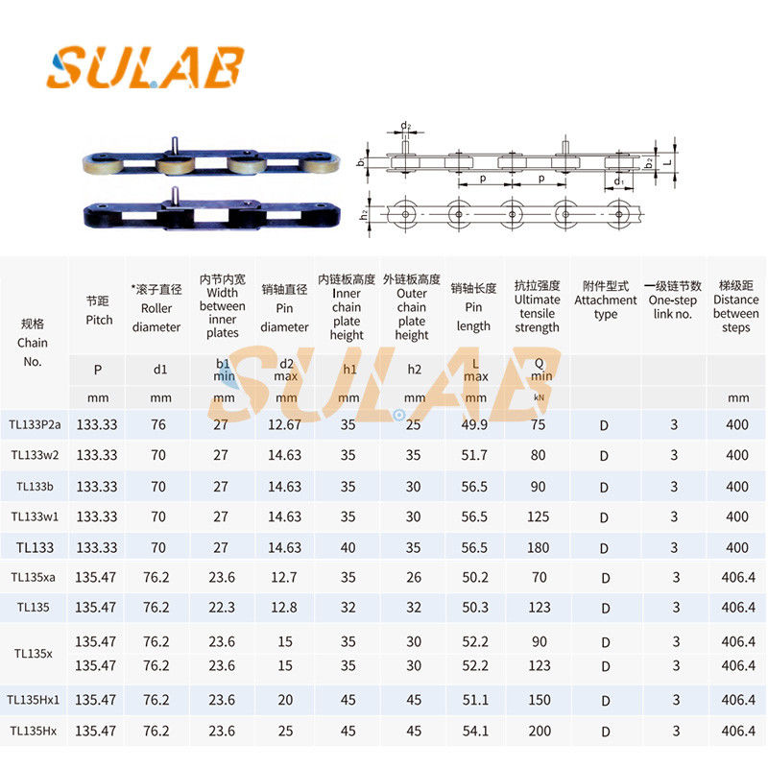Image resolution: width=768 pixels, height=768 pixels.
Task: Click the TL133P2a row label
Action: (x=36, y=424)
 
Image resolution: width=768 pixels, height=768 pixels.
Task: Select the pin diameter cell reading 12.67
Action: (x=284, y=424)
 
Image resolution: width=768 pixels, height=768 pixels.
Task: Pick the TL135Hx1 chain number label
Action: (x=36, y=700)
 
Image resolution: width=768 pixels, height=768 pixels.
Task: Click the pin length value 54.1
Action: (x=473, y=732)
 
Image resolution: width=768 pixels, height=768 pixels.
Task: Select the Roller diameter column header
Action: (x=156, y=307)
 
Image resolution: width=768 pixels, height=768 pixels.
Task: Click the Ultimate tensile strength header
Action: (x=537, y=307)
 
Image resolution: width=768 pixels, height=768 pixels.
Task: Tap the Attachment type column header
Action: (x=606, y=300)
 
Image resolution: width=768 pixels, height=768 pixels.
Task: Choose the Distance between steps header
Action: (x=737, y=307)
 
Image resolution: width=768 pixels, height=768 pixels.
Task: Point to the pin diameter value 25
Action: (x=284, y=732)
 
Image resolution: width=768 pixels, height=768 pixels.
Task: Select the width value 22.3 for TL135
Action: (x=221, y=607)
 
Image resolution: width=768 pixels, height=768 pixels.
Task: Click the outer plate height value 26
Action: (x=413, y=578)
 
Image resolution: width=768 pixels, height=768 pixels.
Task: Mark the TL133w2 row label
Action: (x=36, y=455)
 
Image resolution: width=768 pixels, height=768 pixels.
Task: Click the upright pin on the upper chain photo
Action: (x=178, y=143)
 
